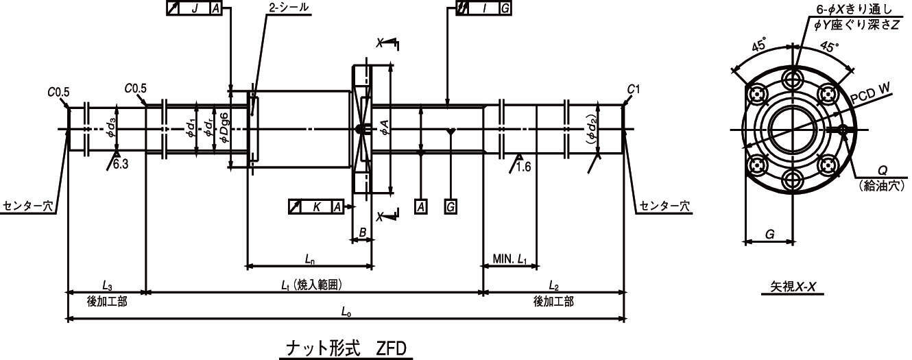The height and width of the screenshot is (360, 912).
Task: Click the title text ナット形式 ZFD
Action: tap(346, 348)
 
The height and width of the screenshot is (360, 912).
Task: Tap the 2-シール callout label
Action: tap(289, 8)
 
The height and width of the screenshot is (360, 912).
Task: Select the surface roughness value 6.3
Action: tap(121, 164)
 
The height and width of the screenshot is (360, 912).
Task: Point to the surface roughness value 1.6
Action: tap(523, 167)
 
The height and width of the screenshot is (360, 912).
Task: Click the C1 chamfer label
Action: tap(633, 89)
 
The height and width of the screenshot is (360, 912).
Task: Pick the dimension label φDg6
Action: tap(224, 128)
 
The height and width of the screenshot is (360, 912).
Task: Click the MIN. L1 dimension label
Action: tap(510, 259)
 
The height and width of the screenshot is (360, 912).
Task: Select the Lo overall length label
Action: tap(346, 312)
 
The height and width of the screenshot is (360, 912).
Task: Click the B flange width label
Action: tap(362, 232)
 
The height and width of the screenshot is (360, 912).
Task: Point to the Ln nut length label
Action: tap(310, 259)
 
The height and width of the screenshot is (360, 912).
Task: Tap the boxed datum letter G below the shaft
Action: tap(451, 207)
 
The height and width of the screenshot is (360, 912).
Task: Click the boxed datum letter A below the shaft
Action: tap(421, 207)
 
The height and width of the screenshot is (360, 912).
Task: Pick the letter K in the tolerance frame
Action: tap(317, 207)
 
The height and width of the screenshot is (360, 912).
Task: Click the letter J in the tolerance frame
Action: tap(195, 8)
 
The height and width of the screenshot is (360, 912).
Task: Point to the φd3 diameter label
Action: tap(112, 128)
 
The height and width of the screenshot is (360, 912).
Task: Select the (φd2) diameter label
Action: tap(592, 129)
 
